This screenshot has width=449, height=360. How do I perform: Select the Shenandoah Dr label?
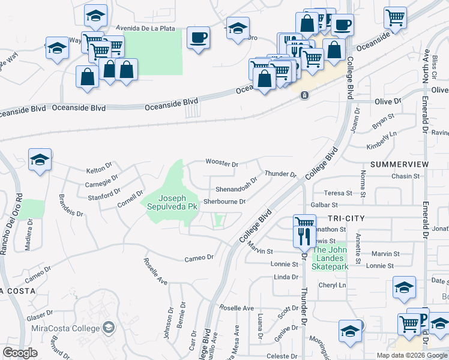[237, 182]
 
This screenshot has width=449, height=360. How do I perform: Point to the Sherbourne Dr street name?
[224, 202]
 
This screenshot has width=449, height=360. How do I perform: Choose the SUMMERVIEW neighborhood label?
[400, 164]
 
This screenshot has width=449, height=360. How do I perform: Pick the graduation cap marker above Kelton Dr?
[40, 160]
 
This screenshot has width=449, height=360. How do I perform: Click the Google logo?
[20, 353]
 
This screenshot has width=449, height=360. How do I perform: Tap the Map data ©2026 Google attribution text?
[411, 355]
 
